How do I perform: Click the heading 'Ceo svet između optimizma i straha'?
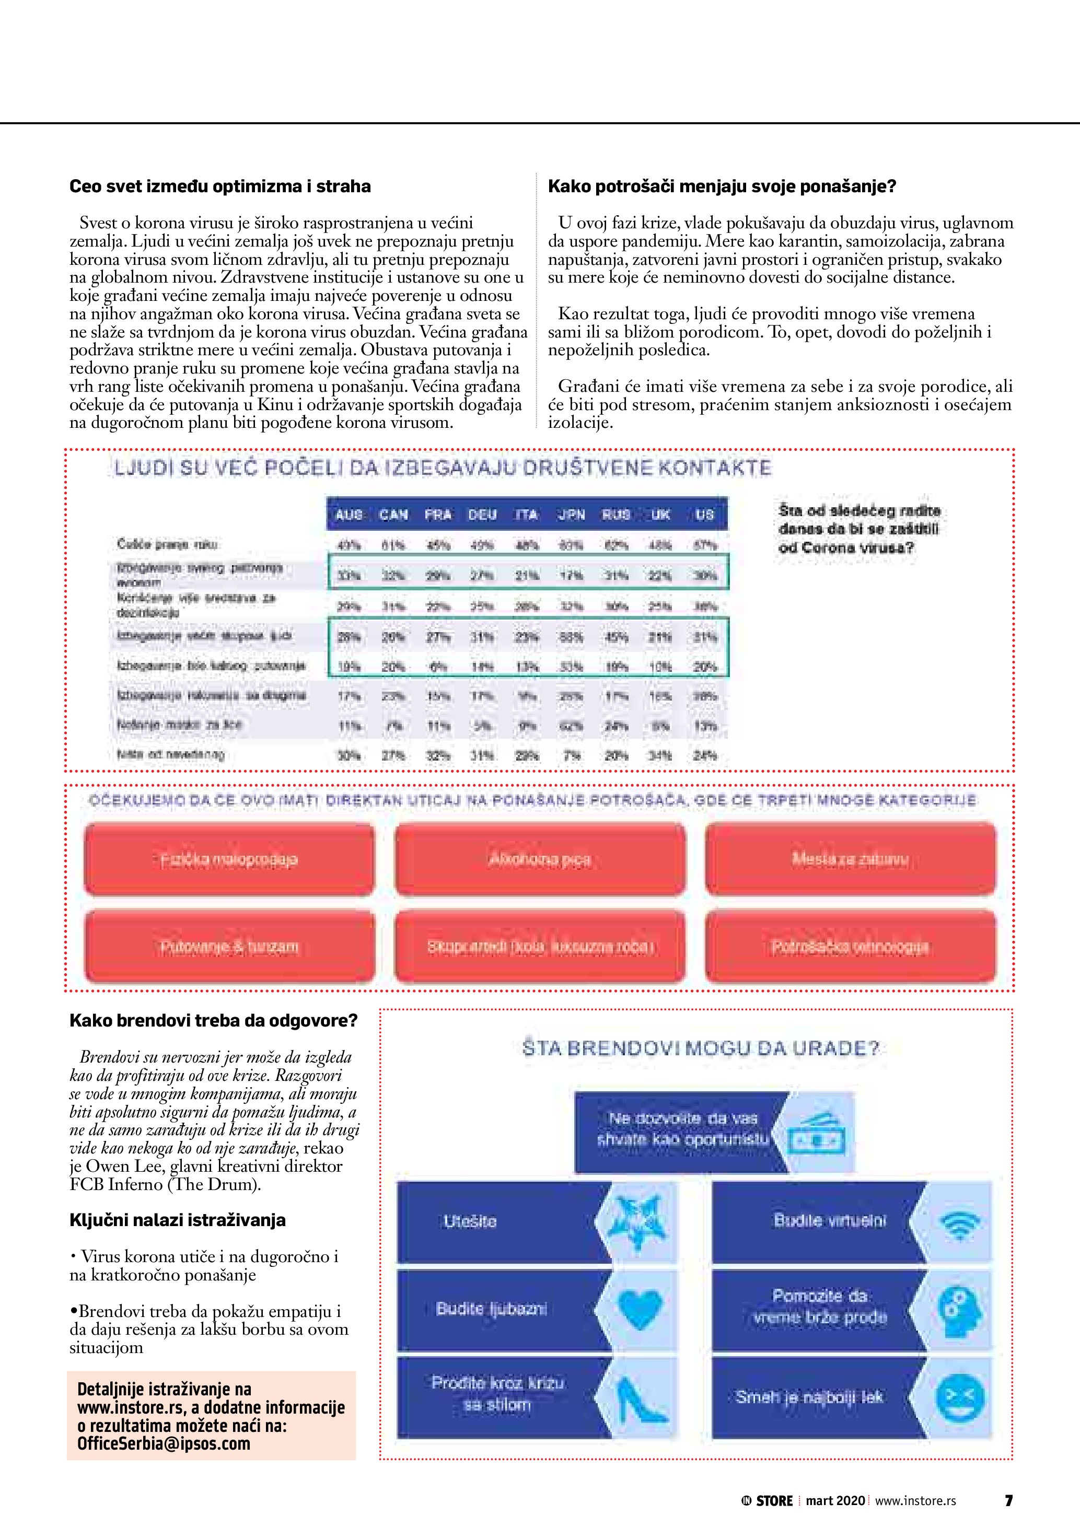click(220, 186)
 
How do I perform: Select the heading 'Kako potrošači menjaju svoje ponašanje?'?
click(722, 186)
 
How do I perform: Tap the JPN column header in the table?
click(571, 514)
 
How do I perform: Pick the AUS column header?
click(349, 514)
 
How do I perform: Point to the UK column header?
click(660, 514)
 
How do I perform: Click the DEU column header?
click(482, 514)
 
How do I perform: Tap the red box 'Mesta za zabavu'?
click(850, 859)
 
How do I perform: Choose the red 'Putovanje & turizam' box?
click(229, 947)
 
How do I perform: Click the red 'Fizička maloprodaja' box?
click(229, 859)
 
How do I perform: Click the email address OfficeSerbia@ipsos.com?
click(164, 1444)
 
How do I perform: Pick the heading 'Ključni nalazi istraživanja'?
click(178, 1220)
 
